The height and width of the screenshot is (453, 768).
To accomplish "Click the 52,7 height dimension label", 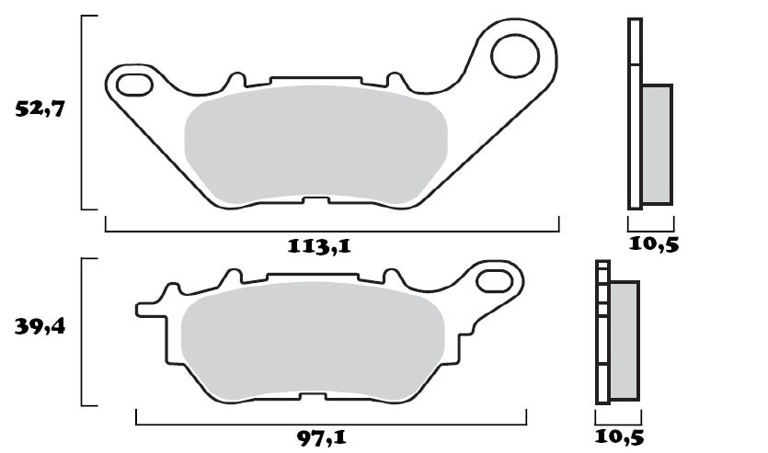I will click(40, 109).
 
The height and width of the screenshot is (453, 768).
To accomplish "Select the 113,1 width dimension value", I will click(319, 245).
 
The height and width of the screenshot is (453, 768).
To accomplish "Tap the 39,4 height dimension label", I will click(40, 327).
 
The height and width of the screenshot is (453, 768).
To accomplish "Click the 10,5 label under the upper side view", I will click(653, 244).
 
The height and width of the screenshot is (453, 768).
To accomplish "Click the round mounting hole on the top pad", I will click(515, 57).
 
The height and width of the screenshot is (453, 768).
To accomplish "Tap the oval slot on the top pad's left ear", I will click(133, 86).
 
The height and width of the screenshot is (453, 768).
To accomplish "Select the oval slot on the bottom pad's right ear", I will click(494, 279).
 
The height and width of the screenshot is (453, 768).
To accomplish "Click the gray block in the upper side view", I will click(656, 143).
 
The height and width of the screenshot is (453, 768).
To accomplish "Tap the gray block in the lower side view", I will click(624, 340).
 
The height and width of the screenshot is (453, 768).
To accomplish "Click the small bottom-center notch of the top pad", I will click(315, 200).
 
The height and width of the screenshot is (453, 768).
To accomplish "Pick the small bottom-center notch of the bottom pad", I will click(313, 398).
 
